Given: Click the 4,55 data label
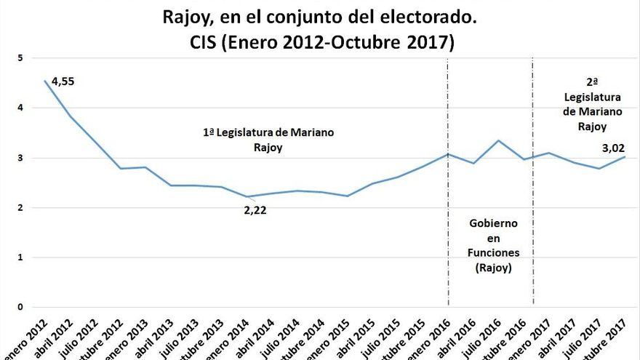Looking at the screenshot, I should (63, 81).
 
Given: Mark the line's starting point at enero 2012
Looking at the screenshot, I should (45, 81).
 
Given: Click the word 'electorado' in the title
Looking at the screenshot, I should (427, 15).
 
